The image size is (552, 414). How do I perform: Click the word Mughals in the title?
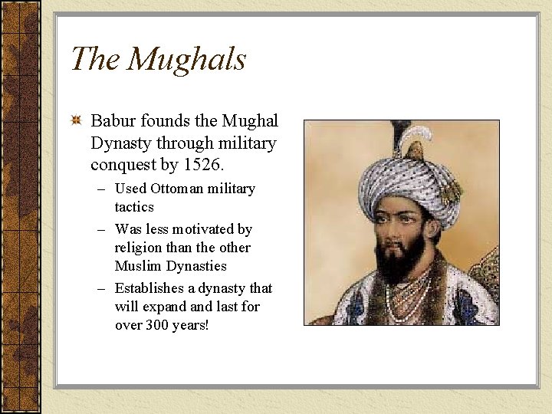(186, 60)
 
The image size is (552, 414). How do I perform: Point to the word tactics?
(134, 207)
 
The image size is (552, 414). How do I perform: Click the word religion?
(139, 248)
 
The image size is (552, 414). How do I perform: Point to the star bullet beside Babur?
(76, 120)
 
